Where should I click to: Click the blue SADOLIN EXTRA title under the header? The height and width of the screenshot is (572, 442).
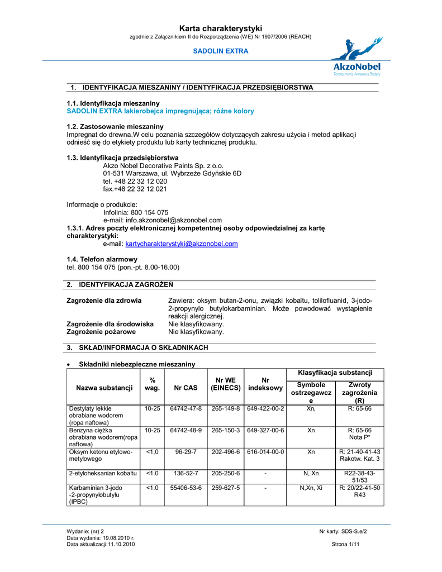coord(221,51)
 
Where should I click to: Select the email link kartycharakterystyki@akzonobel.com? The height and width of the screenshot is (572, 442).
coord(182,244)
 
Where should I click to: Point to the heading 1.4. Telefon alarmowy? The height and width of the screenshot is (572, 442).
coord(102,259)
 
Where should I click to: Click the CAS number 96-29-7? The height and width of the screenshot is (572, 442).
coord(186,452)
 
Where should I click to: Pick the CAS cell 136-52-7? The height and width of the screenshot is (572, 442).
coord(186,473)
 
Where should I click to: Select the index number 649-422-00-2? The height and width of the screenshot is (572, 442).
coord(265,409)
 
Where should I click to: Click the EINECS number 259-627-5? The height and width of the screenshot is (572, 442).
coord(226,488)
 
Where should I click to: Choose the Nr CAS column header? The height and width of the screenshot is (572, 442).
coord(186,388)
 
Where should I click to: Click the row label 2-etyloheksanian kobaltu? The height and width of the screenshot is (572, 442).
coord(103,473)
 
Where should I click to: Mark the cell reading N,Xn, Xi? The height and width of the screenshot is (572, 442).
coord(311,488)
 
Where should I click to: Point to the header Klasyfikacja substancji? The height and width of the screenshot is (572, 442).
coord(335,373)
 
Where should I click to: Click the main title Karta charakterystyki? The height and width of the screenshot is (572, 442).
coord(221,28)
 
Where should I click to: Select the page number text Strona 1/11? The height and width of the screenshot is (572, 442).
coord(345,544)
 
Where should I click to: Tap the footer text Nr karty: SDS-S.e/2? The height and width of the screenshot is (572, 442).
coord(343,531)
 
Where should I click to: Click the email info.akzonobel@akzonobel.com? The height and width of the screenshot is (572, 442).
coord(163,220)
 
